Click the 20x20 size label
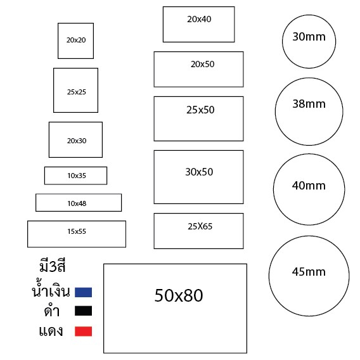click(x=76, y=40)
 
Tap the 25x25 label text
click(x=77, y=92)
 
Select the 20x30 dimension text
click(x=77, y=141)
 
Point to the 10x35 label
click(x=77, y=176)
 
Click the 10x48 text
click(x=77, y=203)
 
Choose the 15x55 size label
click(x=77, y=231)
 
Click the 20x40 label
click(x=199, y=19)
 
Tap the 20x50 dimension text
click(x=203, y=64)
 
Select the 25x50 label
click(x=200, y=110)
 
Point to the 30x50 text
click(x=199, y=172)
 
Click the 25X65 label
click(x=200, y=227)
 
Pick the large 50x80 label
click(x=179, y=295)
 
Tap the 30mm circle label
click(x=309, y=37)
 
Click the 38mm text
click(x=309, y=104)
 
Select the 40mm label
click(x=309, y=186)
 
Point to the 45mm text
click(x=309, y=272)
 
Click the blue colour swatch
click(x=83, y=292)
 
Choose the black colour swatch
click(x=83, y=311)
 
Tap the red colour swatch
click(x=83, y=331)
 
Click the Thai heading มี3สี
click(x=53, y=267)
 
